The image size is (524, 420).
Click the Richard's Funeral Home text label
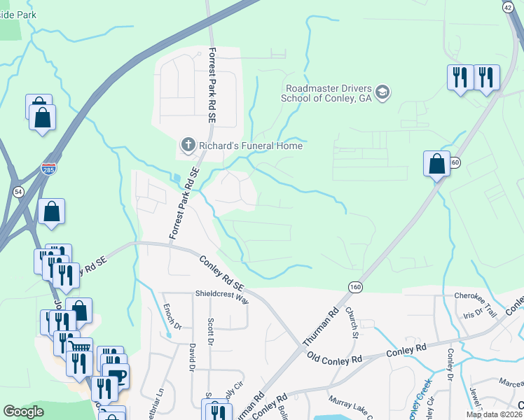pos(251,146)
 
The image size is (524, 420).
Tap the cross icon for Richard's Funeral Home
pos(188,146)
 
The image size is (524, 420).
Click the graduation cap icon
pos(382,92)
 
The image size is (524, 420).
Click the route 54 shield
pos(18,191)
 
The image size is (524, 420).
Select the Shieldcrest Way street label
pos(222,297)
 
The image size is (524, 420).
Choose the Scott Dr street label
pos(210,330)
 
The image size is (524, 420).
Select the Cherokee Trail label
pos(475,296)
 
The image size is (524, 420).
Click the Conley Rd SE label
pos(221,272)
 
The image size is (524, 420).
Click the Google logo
pos(24,412)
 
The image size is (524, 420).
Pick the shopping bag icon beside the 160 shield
pos(436,164)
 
